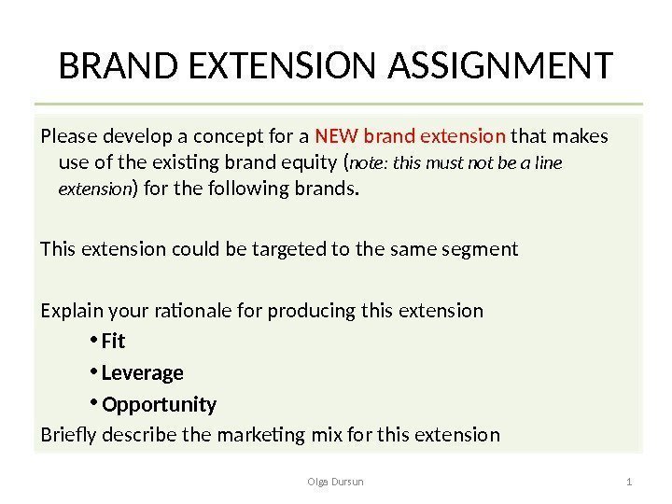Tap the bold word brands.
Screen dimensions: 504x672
coord(331,190)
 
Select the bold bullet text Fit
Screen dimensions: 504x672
coord(113,343)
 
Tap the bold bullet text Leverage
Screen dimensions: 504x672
coord(142,373)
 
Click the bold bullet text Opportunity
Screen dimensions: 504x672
coord(159,404)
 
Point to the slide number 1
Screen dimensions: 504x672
coord(631,481)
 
